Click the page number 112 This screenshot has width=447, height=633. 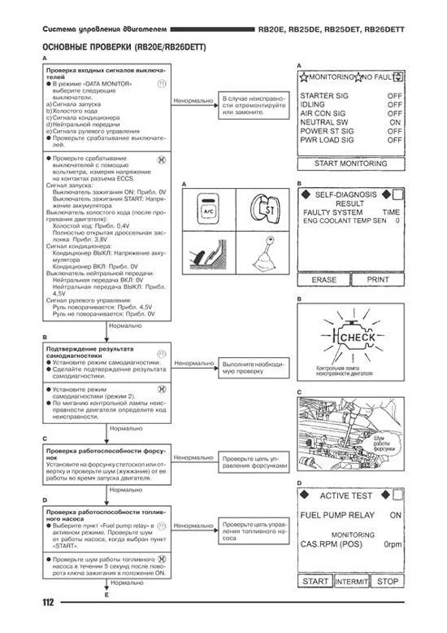point(50,602)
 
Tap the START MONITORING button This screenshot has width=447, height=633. point(351,164)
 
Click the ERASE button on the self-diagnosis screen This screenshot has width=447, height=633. point(324,279)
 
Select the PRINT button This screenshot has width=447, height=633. point(378,279)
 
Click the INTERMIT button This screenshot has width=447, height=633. point(351,582)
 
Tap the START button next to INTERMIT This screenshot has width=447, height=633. point(315,582)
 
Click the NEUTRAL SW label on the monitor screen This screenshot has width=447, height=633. point(324,122)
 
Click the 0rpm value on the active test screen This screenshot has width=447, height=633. point(393,544)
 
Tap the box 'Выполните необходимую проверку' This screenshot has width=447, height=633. point(254,367)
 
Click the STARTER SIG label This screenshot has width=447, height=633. point(325,95)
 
